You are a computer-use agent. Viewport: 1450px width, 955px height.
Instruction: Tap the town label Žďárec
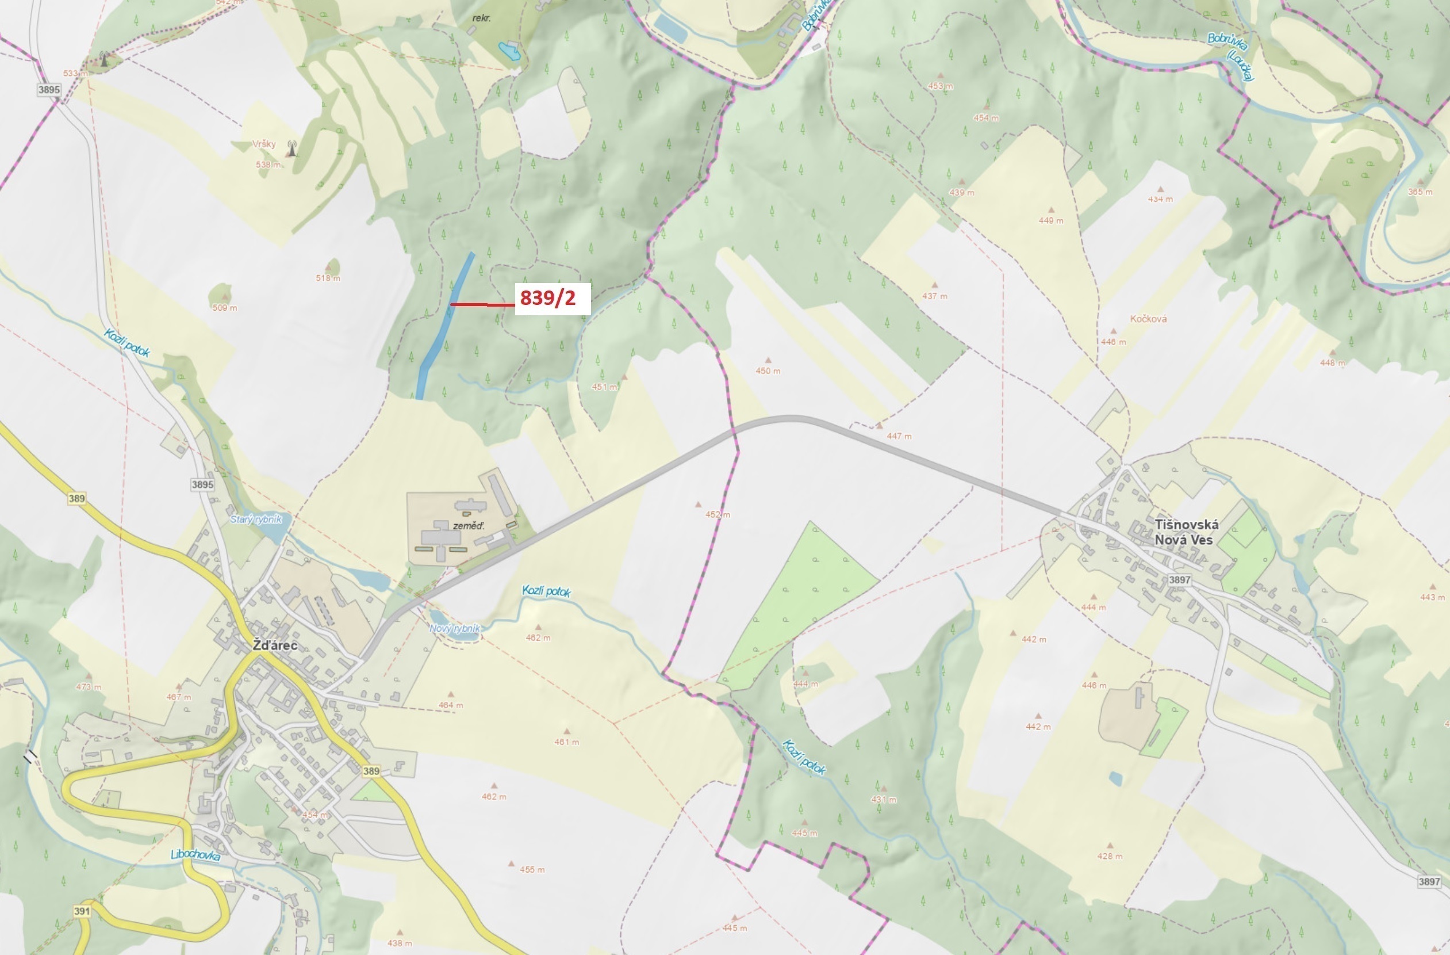coord(275,645)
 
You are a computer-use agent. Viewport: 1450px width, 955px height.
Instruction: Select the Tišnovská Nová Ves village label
coord(1186,532)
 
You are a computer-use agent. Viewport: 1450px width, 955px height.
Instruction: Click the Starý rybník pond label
coord(256,519)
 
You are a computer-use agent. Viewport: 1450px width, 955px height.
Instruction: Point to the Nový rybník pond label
coord(455,628)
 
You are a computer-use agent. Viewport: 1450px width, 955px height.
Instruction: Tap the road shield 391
coord(82,911)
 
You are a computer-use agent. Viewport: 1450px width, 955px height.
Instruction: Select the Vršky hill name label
coord(264,144)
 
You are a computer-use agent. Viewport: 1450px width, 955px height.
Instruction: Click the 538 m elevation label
coord(268,165)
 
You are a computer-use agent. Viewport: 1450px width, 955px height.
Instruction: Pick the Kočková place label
coord(1148,319)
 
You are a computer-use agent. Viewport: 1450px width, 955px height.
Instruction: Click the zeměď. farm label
coord(469,525)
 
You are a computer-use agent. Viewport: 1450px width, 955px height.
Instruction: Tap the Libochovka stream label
coord(195,855)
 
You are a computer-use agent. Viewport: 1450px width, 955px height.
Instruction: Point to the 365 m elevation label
coord(1420,192)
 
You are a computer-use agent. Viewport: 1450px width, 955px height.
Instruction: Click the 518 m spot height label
coord(328,278)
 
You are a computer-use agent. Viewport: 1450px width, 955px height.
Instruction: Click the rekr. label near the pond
coord(481,18)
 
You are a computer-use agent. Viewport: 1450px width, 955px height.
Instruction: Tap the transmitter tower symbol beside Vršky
coord(292,148)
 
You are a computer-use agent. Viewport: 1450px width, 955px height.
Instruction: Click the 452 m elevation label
coord(718,514)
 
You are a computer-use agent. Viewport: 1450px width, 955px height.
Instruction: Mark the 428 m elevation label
coord(1110,856)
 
